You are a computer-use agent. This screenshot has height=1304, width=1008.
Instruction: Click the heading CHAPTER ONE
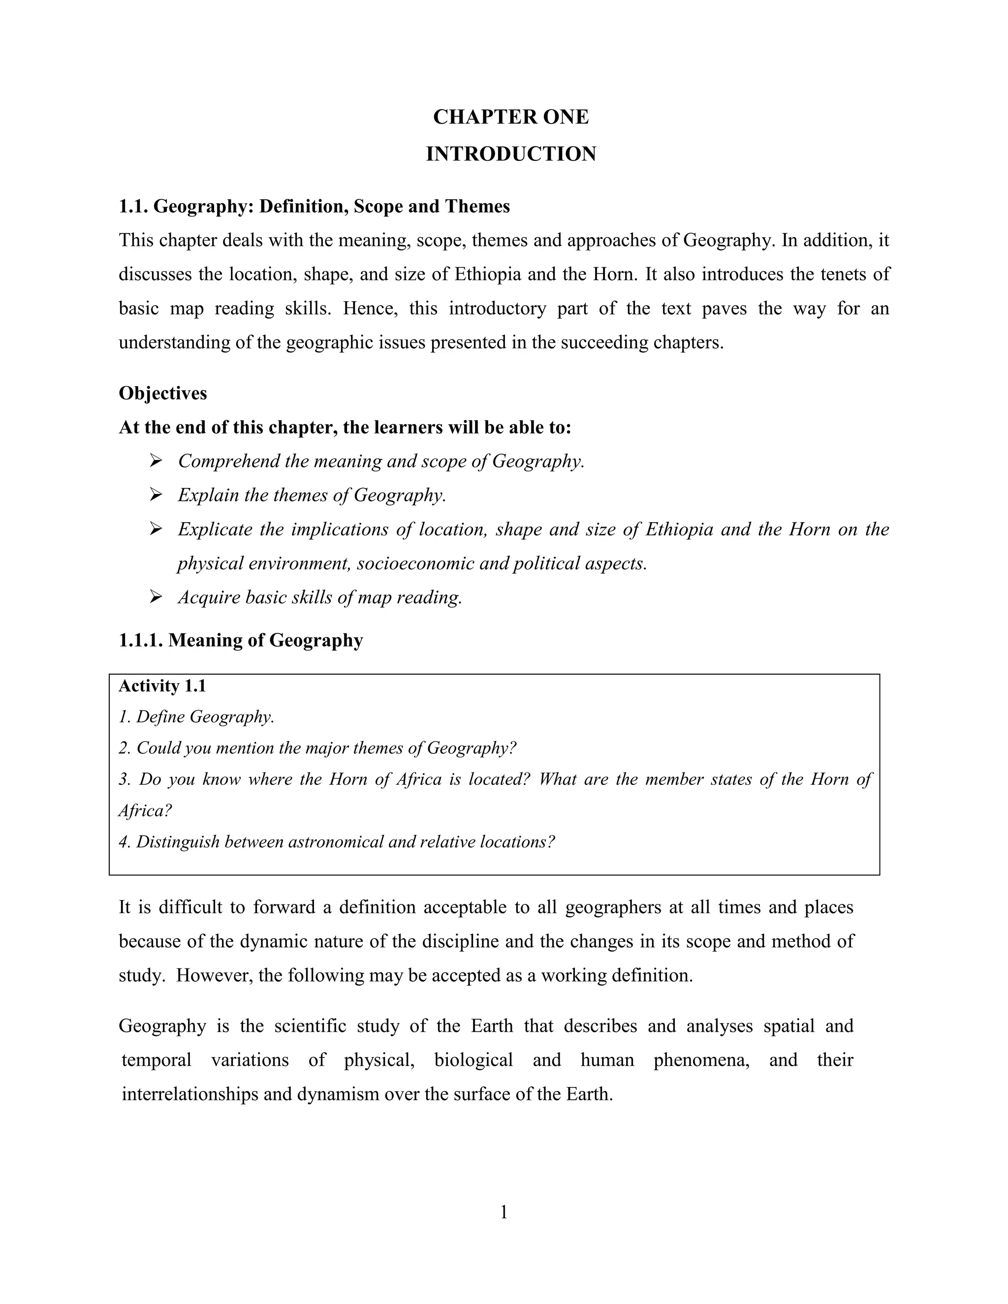[510, 117]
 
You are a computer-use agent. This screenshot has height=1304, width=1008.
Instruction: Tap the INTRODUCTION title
[510, 154]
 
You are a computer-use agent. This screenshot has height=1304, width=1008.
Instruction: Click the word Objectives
[163, 394]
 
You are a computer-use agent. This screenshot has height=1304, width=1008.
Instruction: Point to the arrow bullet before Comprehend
[156, 461]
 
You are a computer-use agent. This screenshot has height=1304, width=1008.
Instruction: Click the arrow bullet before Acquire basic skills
[156, 597]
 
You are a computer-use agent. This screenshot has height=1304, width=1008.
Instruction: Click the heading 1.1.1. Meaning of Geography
[241, 641]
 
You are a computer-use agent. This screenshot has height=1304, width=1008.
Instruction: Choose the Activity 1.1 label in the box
[162, 686]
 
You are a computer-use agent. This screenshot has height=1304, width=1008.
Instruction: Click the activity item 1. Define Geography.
[196, 717]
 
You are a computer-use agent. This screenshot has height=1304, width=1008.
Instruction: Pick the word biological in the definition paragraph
[473, 1060]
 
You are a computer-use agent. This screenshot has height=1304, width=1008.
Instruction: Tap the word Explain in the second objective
[207, 496]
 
